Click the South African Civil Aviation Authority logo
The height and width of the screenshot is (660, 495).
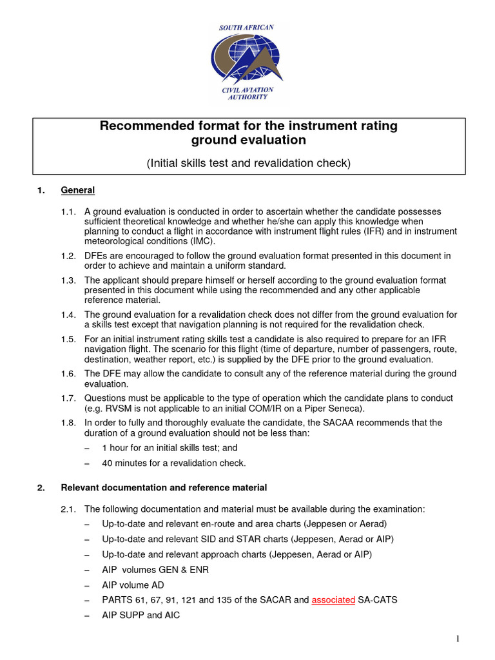coord(247,61)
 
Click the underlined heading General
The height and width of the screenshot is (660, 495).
coord(77,190)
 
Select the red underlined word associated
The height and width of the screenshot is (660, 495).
coord(333,599)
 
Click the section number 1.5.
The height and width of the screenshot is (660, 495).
coord(68,340)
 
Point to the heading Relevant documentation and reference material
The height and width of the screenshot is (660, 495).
coord(164,487)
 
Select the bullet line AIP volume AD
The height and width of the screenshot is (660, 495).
coord(133,585)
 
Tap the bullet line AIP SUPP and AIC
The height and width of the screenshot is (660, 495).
coord(141,615)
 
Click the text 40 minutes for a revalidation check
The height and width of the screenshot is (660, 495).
coord(173,463)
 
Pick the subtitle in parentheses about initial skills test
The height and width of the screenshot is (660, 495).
coord(248,163)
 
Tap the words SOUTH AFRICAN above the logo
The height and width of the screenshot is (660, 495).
coord(246,28)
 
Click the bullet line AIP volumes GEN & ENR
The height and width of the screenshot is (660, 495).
coord(155,570)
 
